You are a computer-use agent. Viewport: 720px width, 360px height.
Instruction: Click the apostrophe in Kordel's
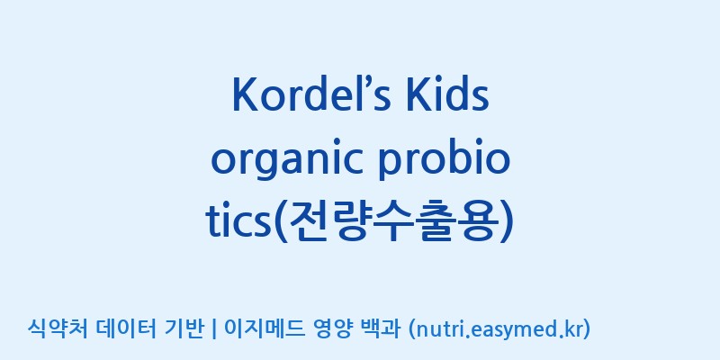click(362, 84)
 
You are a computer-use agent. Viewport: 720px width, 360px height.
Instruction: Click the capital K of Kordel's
click(244, 95)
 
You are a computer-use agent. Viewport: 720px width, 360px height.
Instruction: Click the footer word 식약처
click(58, 328)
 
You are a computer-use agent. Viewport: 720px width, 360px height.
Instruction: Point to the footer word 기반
click(184, 328)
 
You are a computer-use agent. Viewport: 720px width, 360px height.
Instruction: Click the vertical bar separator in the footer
click(214, 329)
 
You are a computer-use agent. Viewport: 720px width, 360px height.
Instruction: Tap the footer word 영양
click(332, 328)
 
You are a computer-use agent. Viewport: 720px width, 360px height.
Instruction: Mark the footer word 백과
click(380, 328)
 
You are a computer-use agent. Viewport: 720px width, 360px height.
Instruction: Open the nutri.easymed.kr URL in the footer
click(499, 329)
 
